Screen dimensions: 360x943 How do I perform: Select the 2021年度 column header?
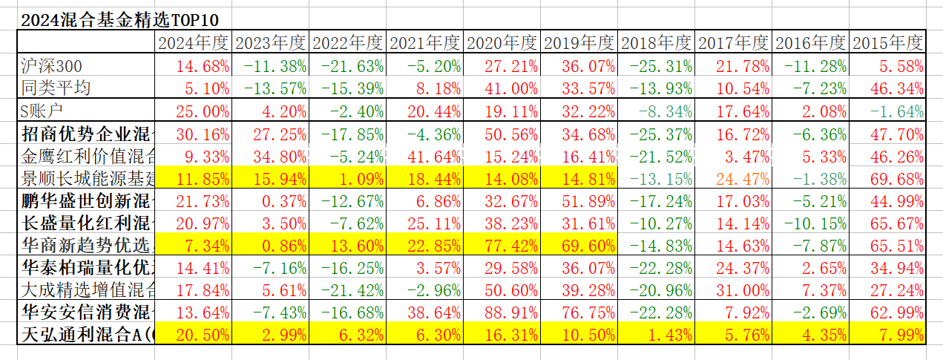click(425, 43)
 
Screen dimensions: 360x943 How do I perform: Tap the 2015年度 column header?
click(887, 43)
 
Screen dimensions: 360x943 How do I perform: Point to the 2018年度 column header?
click(656, 43)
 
